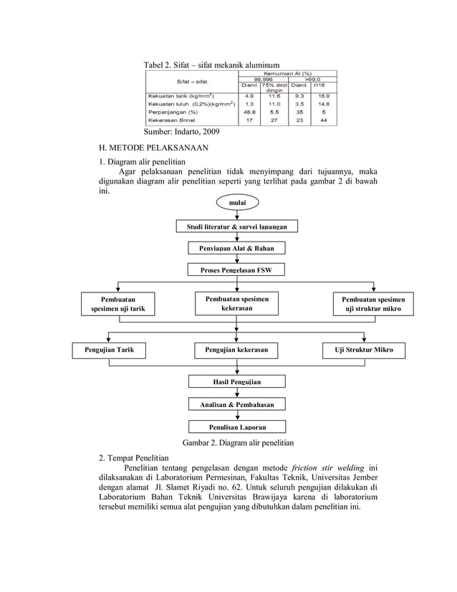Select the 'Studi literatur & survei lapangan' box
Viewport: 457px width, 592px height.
[x=236, y=227]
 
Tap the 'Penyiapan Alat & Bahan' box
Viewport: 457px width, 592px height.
[x=236, y=249]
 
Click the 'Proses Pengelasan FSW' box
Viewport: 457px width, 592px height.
[x=236, y=270]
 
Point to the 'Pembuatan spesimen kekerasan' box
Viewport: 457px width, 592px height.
[x=236, y=302]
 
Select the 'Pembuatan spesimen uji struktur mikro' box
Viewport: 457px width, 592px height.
[x=372, y=303]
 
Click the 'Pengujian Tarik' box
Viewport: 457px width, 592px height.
[x=109, y=350]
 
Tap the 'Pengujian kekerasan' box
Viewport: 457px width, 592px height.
[x=236, y=350]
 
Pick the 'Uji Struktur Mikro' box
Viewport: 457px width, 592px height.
[x=364, y=350]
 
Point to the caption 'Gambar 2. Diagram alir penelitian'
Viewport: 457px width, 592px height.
[x=238, y=442]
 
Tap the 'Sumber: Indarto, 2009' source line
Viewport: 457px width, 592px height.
[x=182, y=132]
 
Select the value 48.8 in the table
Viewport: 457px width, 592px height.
[x=249, y=112]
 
